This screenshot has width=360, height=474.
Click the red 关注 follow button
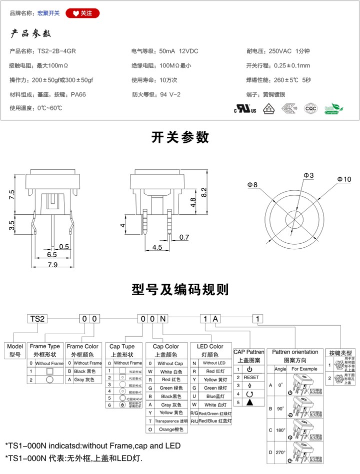[82, 13]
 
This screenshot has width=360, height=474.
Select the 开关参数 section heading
[180, 137]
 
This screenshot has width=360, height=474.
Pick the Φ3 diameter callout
[308, 175]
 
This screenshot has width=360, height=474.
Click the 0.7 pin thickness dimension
[184, 237]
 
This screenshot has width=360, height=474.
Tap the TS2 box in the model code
[38, 318]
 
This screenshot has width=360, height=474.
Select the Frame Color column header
[82, 350]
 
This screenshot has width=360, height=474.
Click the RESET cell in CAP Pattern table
[251, 377]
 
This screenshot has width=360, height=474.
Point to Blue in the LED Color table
[210, 397]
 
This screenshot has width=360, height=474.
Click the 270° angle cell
[280, 453]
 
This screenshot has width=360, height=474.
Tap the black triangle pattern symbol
[249, 402]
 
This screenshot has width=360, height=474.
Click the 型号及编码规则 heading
[180, 289]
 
